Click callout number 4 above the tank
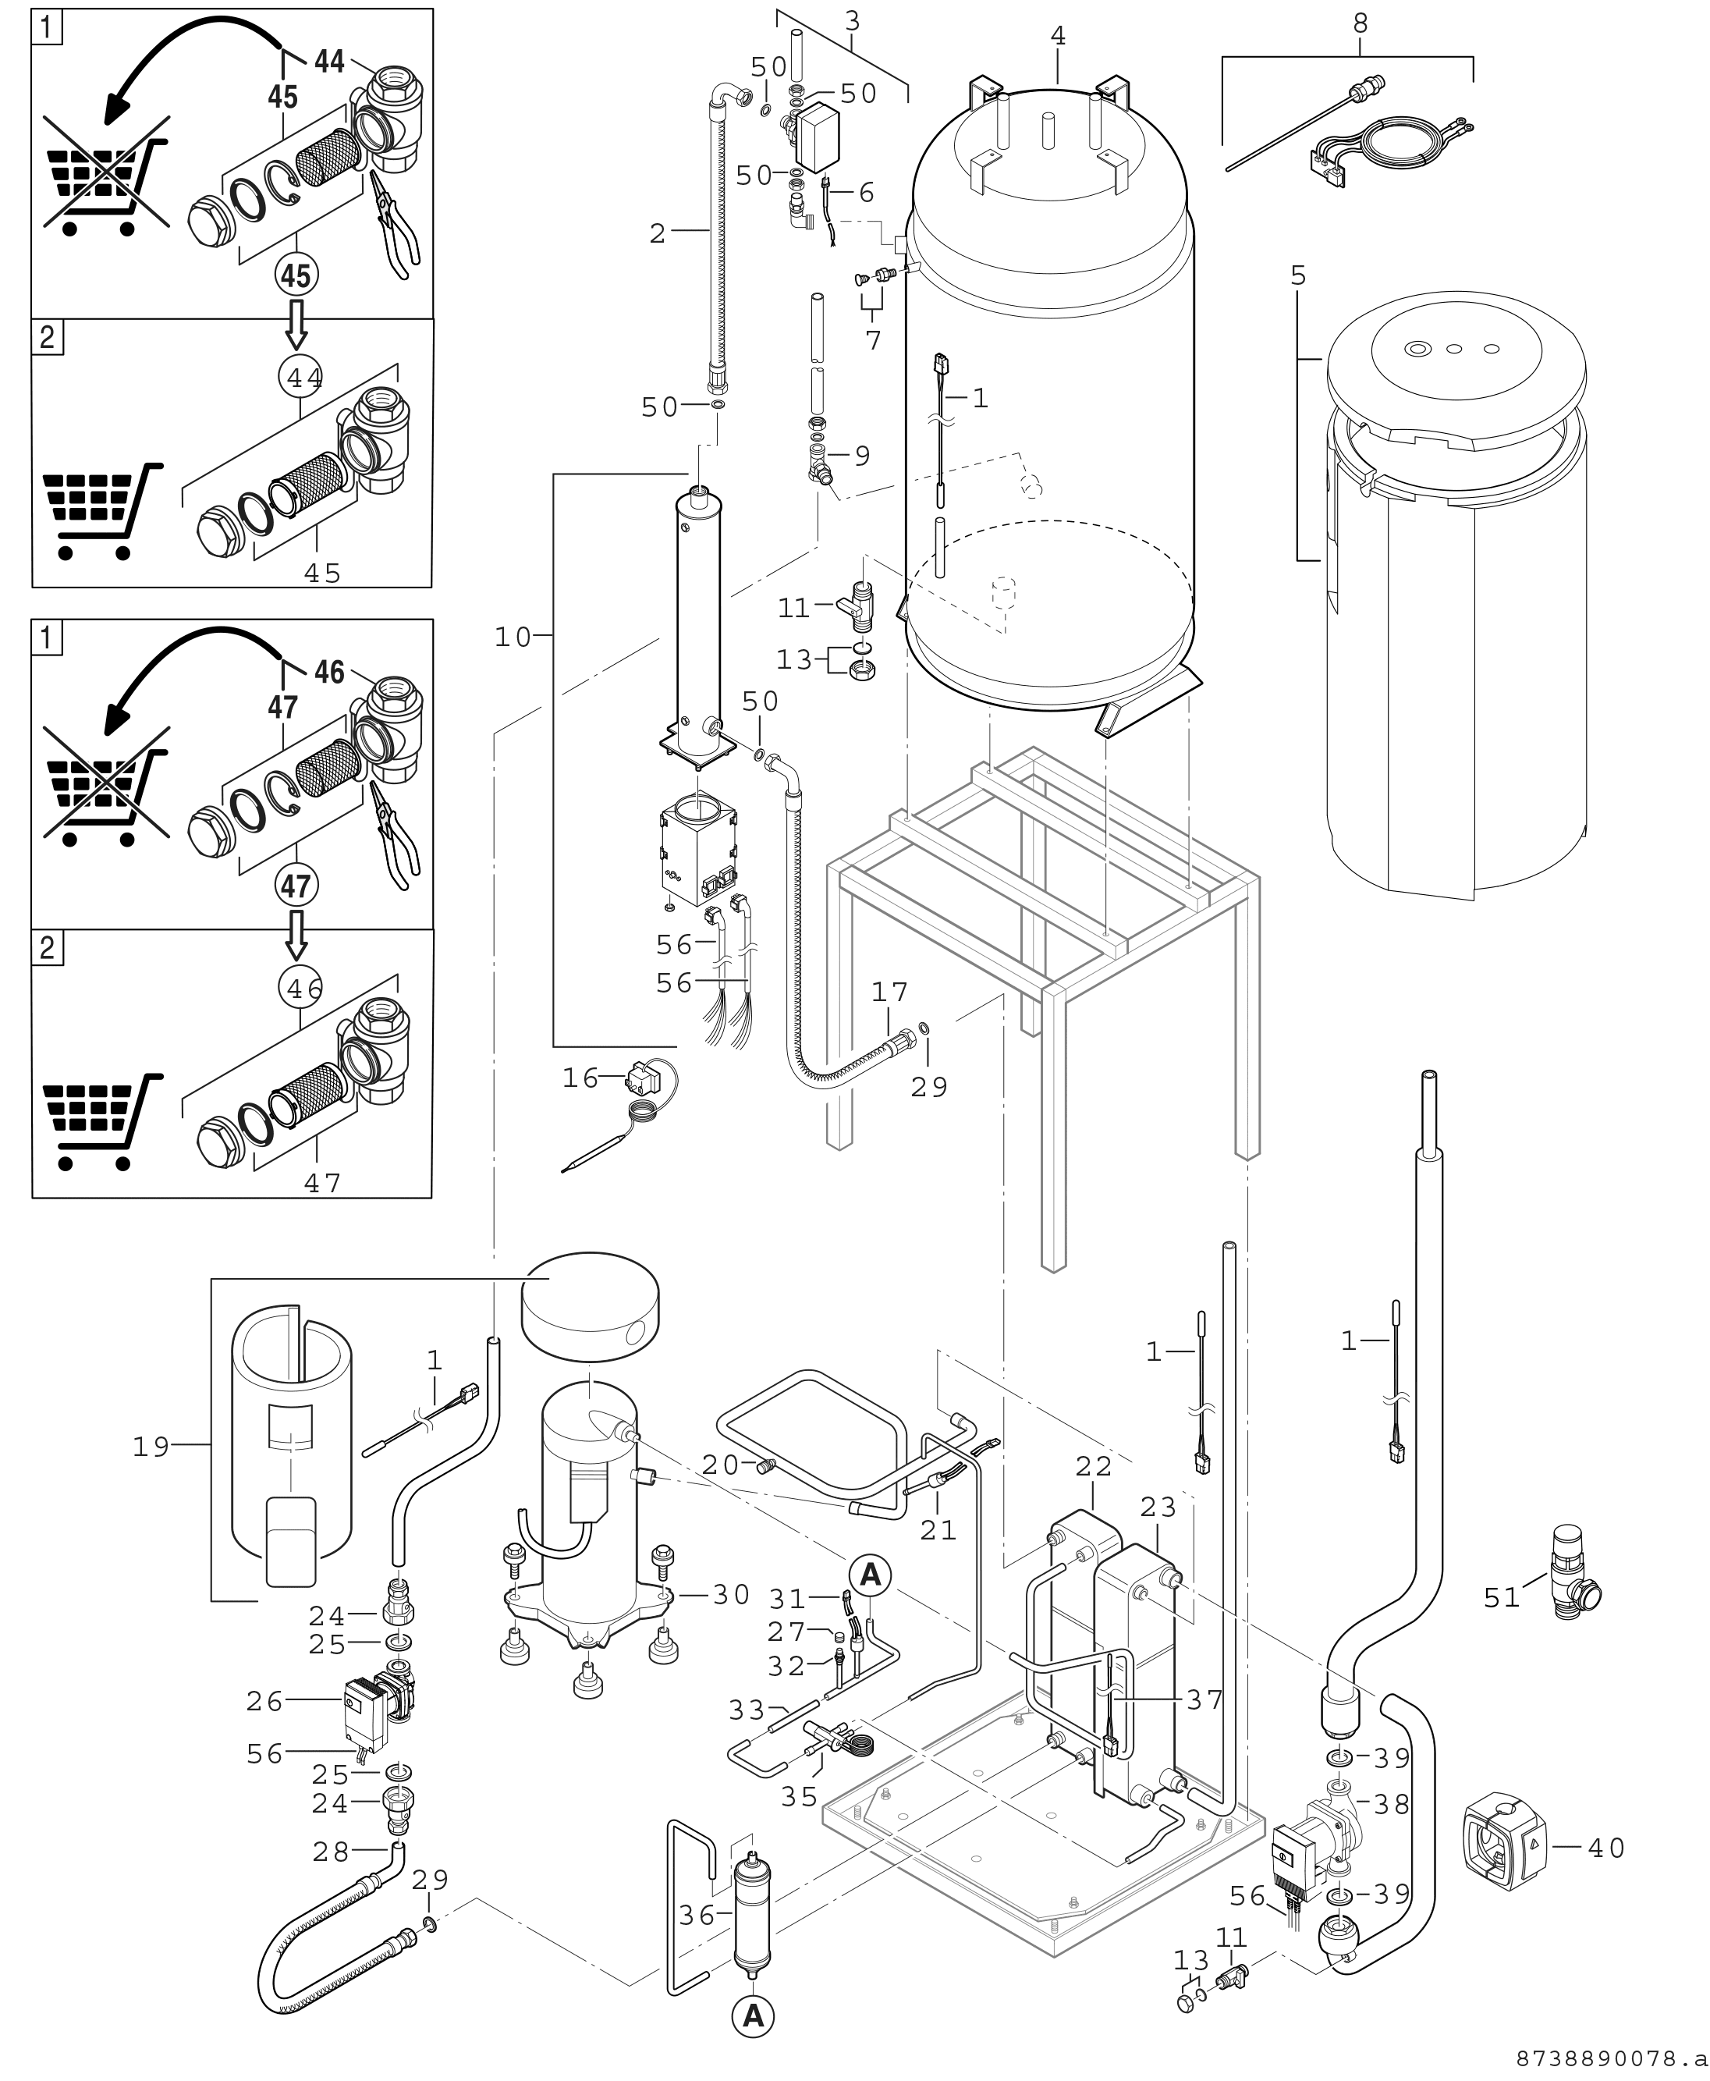(1058, 35)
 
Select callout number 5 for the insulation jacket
(1298, 276)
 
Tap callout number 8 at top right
(1361, 23)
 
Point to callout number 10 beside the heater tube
(513, 637)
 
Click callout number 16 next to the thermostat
(580, 1078)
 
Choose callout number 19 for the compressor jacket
(151, 1446)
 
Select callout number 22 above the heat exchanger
(1094, 1495)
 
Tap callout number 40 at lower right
(1606, 1848)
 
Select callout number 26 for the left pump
(264, 1701)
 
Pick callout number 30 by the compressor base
(731, 1594)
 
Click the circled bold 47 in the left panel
(296, 886)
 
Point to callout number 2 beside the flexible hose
(658, 233)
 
